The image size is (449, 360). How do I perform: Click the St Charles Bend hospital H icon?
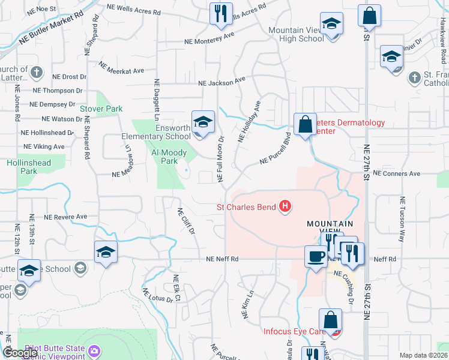[286, 208]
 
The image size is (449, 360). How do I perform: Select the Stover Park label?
[101, 109]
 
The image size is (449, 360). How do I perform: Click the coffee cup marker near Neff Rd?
[316, 256]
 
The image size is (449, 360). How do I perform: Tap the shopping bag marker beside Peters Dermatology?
[305, 125]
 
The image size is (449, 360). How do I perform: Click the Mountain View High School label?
[296, 34]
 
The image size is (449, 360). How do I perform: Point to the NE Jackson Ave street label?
[223, 80]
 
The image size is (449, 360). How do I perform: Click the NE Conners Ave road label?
[396, 173]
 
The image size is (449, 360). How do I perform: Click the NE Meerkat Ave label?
[121, 68]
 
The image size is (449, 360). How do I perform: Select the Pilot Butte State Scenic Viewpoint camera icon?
[94, 350]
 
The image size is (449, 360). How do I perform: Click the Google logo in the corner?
[20, 353]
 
